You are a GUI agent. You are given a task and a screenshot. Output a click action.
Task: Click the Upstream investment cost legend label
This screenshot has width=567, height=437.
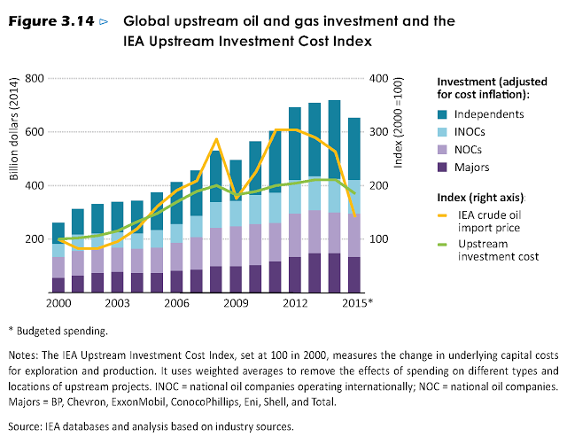pyautogui.click(x=495, y=250)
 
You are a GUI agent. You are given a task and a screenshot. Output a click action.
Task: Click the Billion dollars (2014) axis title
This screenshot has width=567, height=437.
pyautogui.click(x=14, y=140)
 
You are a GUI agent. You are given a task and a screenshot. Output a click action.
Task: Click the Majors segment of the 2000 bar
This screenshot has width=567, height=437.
pyautogui.click(x=58, y=285)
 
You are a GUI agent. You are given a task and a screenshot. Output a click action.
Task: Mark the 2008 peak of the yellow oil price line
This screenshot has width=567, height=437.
pyautogui.click(x=216, y=139)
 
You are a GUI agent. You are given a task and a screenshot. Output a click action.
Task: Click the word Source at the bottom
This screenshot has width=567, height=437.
pyautogui.click(x=27, y=427)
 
